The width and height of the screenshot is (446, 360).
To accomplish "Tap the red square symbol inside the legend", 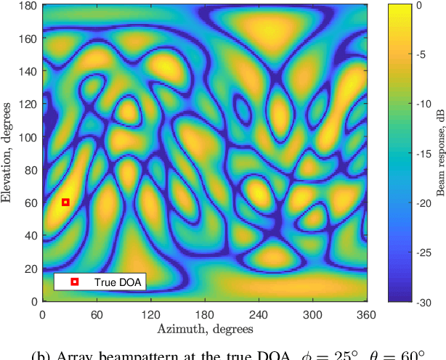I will click(74, 282).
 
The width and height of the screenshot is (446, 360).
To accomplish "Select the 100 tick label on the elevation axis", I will click(28, 137).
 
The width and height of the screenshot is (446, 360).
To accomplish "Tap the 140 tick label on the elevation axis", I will click(28, 72).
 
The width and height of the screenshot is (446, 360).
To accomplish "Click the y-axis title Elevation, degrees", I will click(9, 152).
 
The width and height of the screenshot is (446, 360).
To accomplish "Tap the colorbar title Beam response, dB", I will click(439, 152).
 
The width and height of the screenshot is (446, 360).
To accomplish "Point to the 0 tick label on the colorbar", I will click(418, 5).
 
